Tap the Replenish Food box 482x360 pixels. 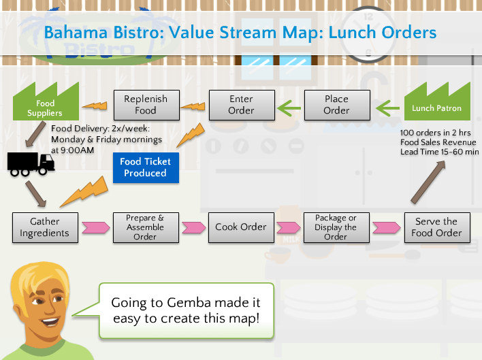pos(145,105)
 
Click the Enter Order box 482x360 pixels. pos(241,105)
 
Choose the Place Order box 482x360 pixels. pos(336,105)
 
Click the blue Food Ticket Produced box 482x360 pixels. pos(145,167)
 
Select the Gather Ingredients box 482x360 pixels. pos(44,227)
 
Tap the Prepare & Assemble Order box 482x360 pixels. pos(145,227)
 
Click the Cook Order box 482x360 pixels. pos(241,227)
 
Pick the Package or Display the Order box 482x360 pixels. pos(336,227)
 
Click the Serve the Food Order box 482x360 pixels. pos(436,227)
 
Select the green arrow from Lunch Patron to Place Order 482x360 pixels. pos(388,106)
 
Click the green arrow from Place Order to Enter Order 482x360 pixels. pos(289,106)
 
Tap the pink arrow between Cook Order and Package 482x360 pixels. pos(289,227)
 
